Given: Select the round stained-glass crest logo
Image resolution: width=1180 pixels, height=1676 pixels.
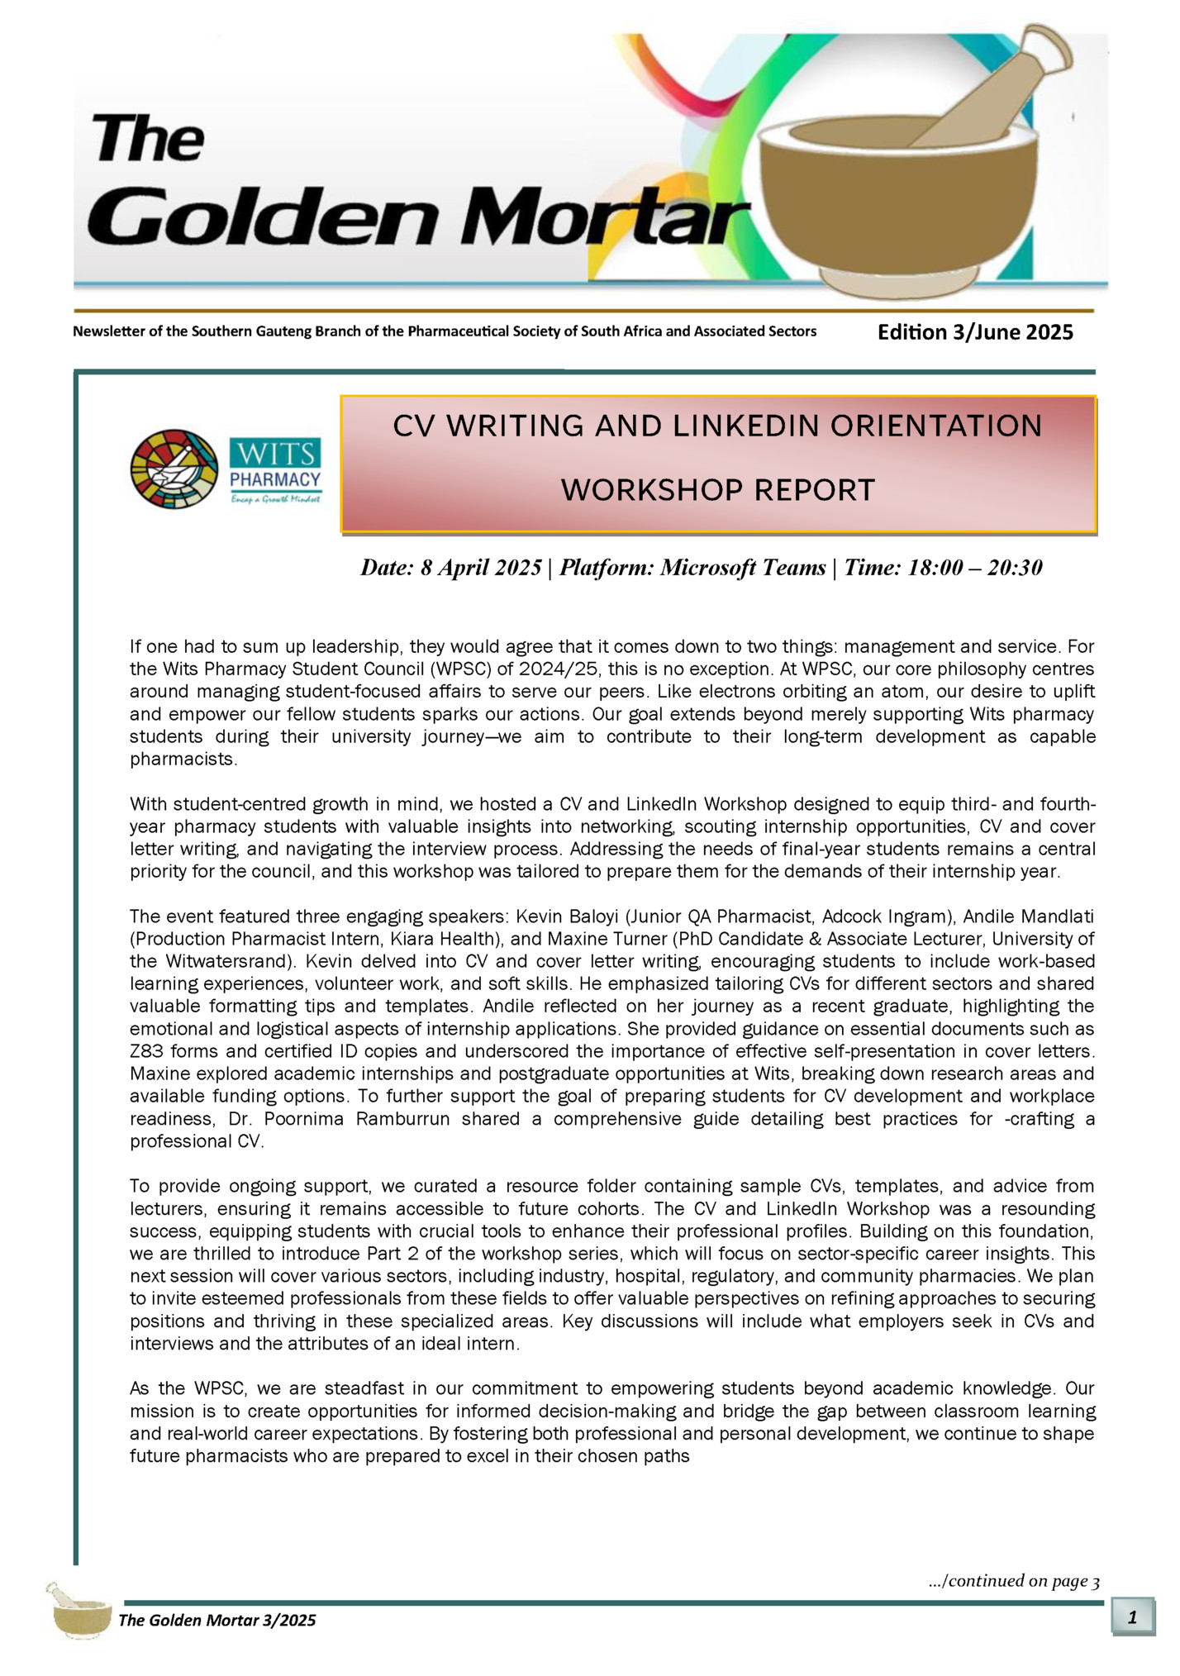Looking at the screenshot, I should (x=174, y=469).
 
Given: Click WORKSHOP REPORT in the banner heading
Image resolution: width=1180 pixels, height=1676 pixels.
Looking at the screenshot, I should (x=717, y=490).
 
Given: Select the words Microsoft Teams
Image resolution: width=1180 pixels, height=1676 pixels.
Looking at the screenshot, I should (x=743, y=568).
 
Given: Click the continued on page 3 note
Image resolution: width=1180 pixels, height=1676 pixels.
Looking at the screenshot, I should (x=1014, y=1581).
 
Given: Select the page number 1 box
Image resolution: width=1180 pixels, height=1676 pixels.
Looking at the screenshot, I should (x=1132, y=1617).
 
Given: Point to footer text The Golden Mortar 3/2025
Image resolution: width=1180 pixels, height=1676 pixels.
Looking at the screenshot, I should (x=217, y=1620).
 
